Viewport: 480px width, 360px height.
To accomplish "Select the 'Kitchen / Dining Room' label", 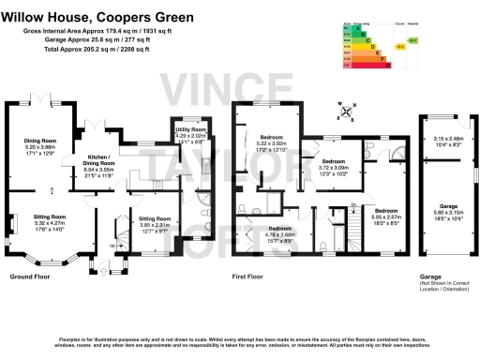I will tap(99, 160).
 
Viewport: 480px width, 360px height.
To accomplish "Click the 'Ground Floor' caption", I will tap(29, 278).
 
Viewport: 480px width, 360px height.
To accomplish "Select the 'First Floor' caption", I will tap(248, 278).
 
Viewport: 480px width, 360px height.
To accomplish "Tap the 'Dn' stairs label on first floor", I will tap(352, 203).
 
